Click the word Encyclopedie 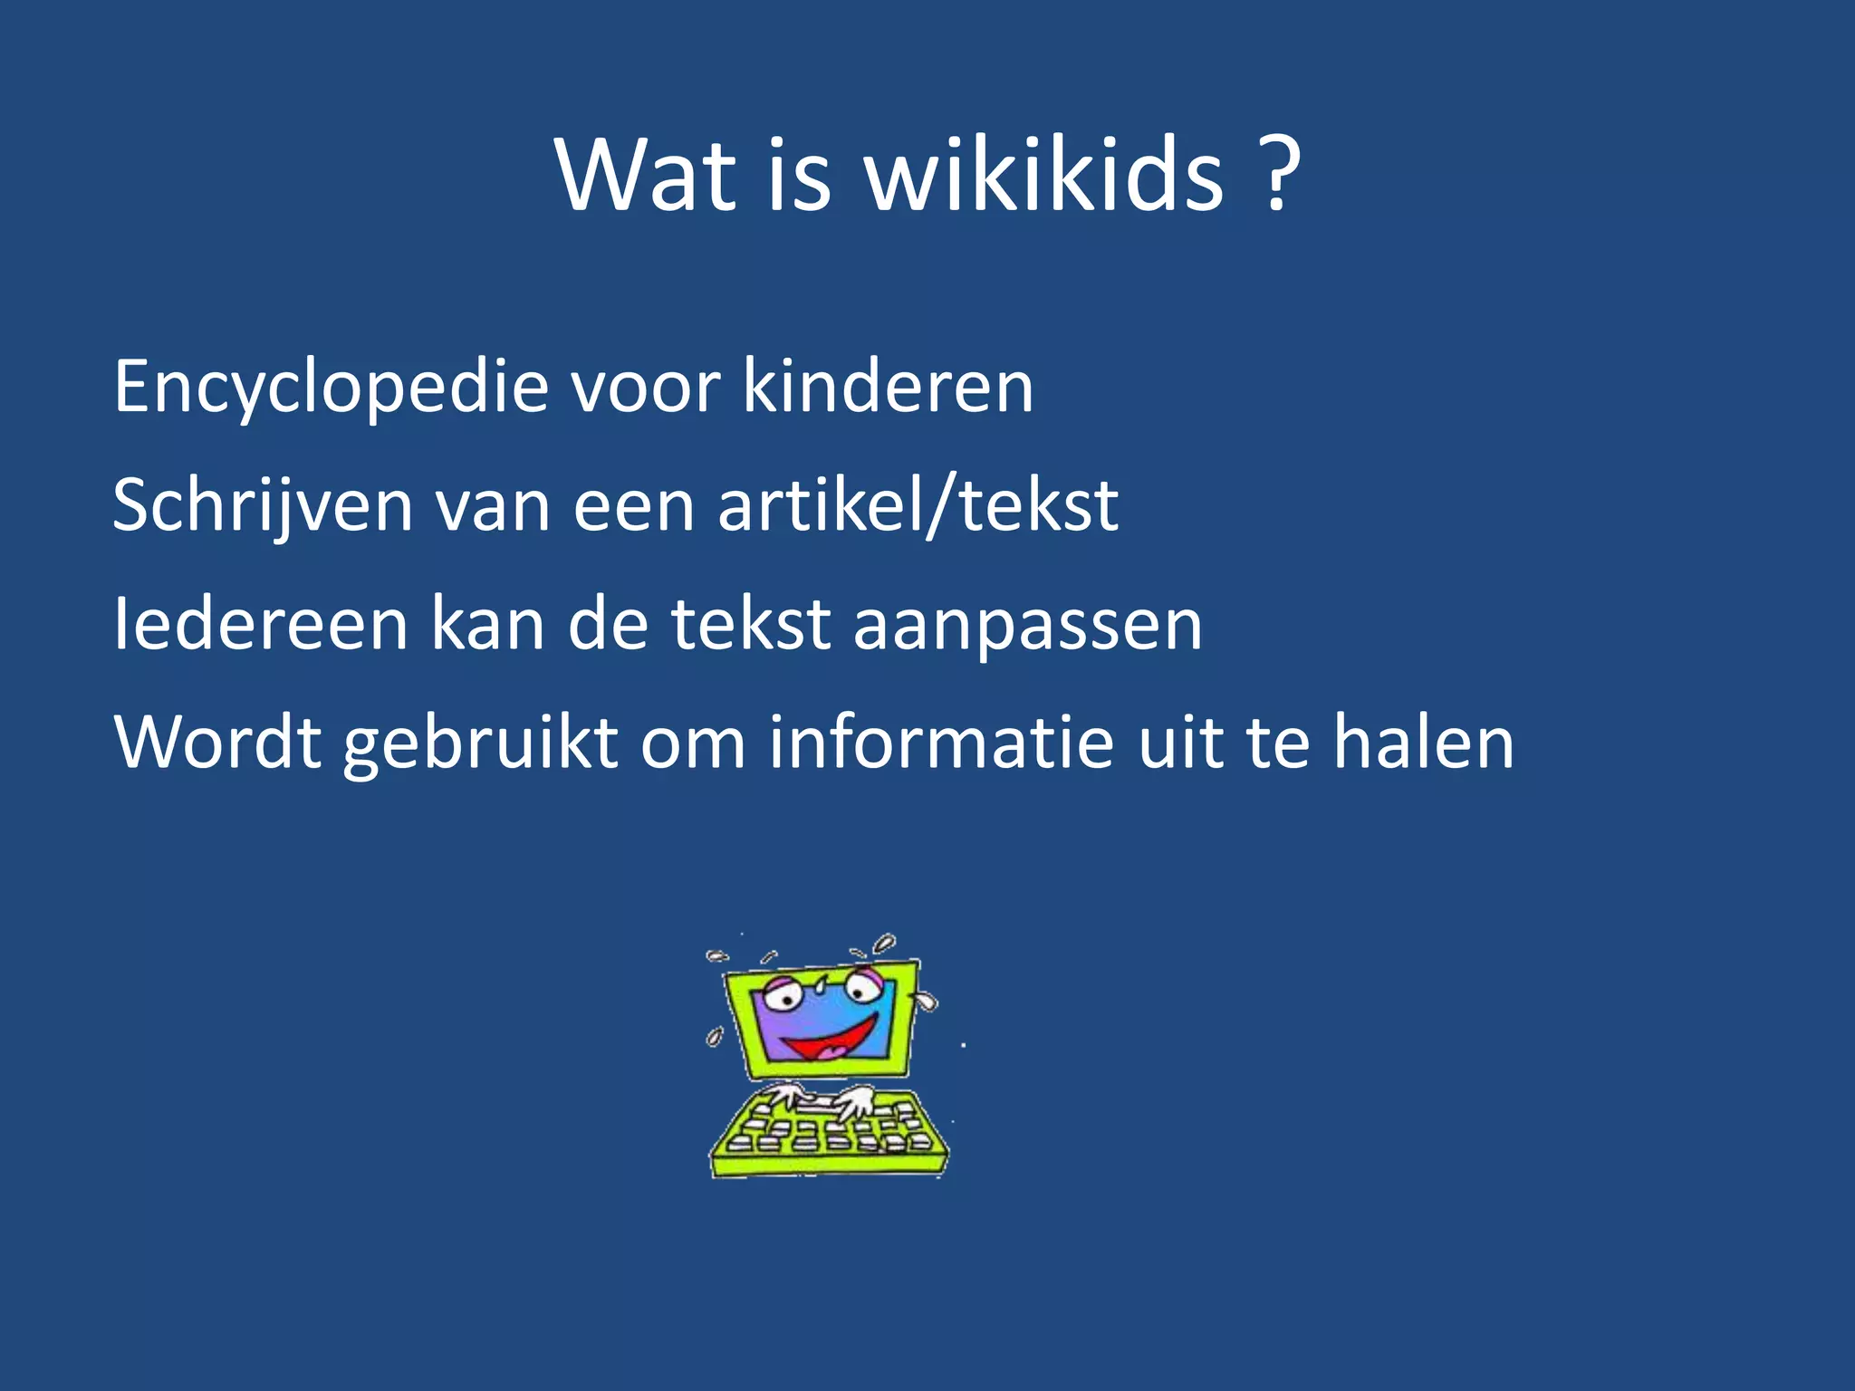pos(332,388)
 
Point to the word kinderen pos(888,388)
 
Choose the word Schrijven pos(263,506)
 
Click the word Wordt pos(217,743)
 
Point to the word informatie pos(941,743)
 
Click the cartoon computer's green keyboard pos(829,1132)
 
